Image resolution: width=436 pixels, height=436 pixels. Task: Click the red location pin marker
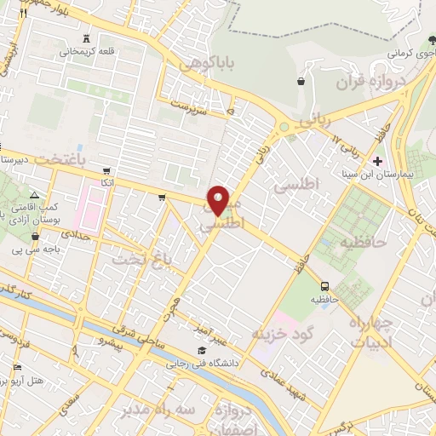pyautogui.click(x=219, y=200)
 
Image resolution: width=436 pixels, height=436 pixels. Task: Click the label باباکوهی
pyautogui.click(x=203, y=62)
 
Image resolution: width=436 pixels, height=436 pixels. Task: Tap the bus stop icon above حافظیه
pyautogui.click(x=324, y=286)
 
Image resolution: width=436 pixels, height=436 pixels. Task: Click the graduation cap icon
pyautogui.click(x=202, y=351)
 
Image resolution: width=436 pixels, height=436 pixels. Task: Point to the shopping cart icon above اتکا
pyautogui.click(x=105, y=169)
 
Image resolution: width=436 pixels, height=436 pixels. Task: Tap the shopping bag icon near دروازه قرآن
pyautogui.click(x=301, y=82)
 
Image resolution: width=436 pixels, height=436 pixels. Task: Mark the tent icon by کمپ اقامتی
pyautogui.click(x=35, y=195)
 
